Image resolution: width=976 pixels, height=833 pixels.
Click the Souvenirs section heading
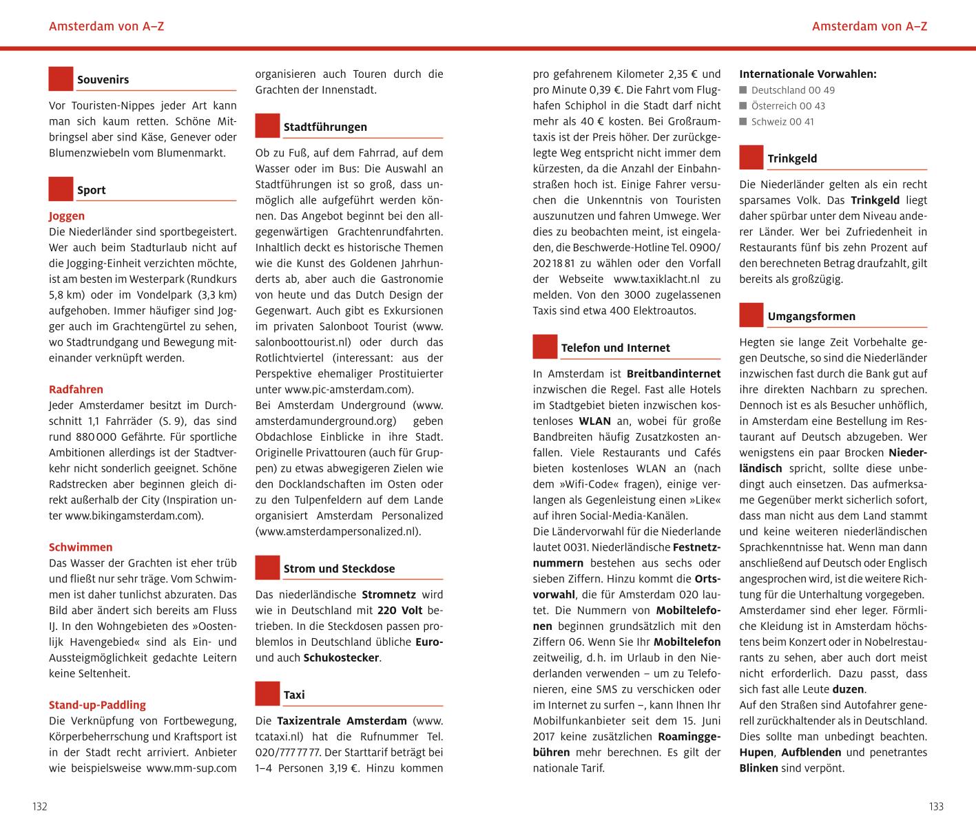103,80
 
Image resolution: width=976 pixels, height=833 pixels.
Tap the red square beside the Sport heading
61,189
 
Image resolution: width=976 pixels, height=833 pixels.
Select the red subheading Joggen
67,216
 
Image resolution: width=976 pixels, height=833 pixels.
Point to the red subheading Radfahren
76,390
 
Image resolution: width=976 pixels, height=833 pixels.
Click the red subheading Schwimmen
81,547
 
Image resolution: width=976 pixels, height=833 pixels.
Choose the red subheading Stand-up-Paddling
97,705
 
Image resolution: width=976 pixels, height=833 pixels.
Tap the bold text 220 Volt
400,611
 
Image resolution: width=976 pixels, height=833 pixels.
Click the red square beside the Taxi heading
267,694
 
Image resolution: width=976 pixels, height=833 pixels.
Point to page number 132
40,807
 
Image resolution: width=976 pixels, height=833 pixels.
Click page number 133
935,807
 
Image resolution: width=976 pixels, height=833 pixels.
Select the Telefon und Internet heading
615,348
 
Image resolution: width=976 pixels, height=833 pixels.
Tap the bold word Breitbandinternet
673,374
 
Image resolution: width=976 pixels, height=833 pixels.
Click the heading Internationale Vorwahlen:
807,74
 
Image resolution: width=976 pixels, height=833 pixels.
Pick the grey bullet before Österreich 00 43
743,106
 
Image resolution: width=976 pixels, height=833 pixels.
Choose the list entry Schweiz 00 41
782,122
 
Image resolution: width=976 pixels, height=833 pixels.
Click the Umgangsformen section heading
811,317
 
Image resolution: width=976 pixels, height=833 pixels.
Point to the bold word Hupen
756,752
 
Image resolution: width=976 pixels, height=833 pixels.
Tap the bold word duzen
849,689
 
